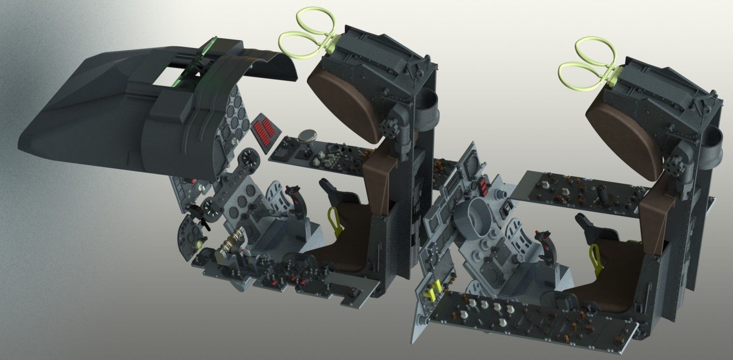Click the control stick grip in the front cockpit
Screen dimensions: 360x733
point(293,196)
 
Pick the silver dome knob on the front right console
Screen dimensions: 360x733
point(307,137)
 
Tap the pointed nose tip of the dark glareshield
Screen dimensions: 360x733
point(22,145)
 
